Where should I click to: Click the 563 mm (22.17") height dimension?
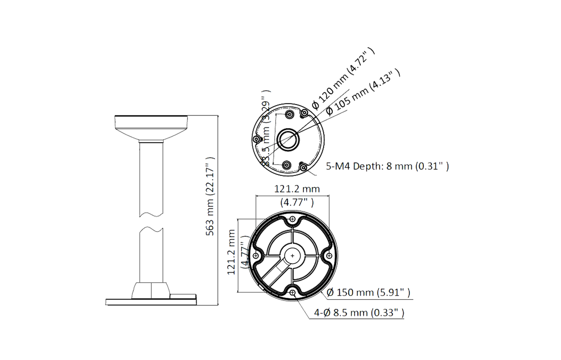pos(210,196)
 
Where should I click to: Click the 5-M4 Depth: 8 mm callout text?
pos(387,166)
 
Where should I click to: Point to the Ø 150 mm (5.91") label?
pos(368,292)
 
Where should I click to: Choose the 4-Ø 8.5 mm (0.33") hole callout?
pos(359,313)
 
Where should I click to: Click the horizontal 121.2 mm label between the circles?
pos(297,189)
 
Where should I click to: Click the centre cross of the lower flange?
pos(292,256)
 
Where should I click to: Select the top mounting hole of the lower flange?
pos(292,219)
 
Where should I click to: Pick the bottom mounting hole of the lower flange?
pos(292,292)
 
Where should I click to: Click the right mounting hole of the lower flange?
pos(329,256)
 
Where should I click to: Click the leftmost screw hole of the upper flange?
pos(256,139)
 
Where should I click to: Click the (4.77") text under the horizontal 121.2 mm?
pos(297,203)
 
